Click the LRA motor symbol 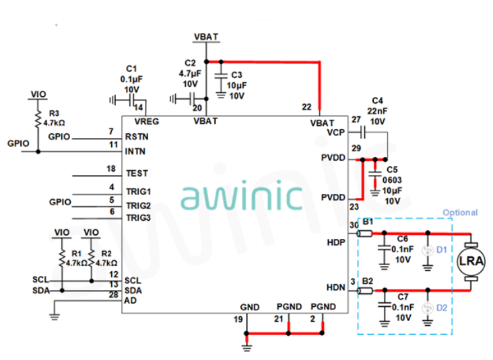(x=470, y=260)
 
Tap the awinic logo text (x=241, y=196)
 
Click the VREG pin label (x=147, y=122)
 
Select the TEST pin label (x=137, y=173)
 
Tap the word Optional (x=460, y=213)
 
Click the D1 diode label (x=442, y=250)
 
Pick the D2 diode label (x=442, y=308)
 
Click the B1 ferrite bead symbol (x=366, y=233)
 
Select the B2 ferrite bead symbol (x=366, y=291)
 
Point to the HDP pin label (x=335, y=241)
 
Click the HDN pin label (x=335, y=288)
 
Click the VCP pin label (x=336, y=133)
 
